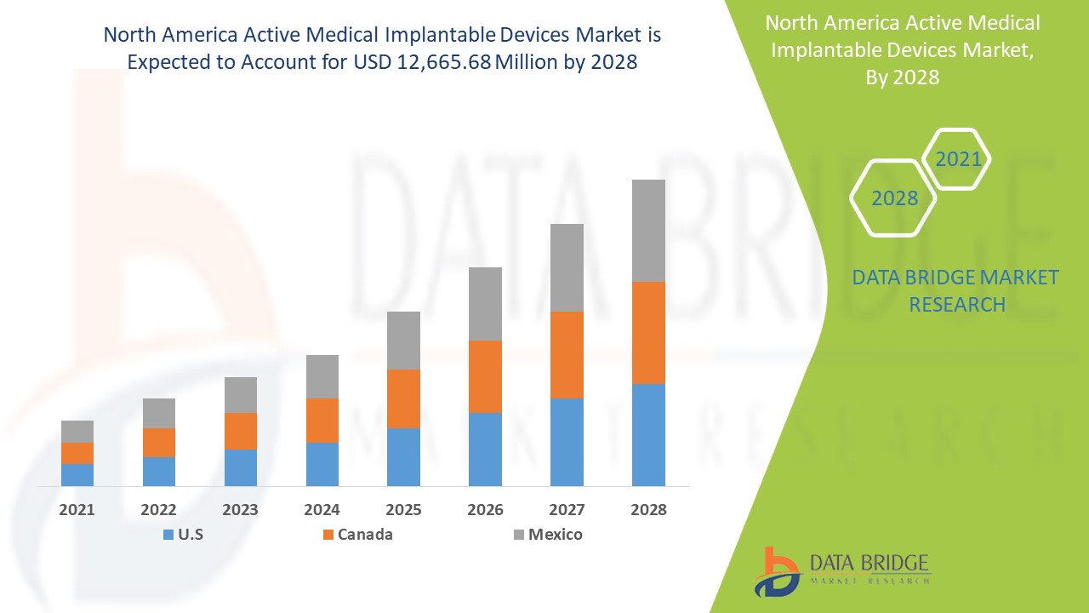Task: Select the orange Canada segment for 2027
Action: point(567,354)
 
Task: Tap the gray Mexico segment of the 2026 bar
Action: point(485,303)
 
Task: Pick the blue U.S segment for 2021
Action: point(77,474)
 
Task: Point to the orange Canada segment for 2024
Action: point(322,420)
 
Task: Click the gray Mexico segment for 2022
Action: point(159,413)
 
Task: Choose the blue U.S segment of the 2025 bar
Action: point(403,456)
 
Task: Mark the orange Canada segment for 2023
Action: point(241,431)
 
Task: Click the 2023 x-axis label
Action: point(241,510)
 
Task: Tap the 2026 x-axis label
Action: point(485,510)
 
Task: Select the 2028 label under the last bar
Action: point(648,510)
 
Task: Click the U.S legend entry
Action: point(181,535)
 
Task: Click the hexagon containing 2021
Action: point(958,159)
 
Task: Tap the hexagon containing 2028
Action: point(894,198)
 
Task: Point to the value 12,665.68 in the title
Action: point(444,63)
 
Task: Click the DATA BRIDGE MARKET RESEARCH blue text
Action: point(956,291)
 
